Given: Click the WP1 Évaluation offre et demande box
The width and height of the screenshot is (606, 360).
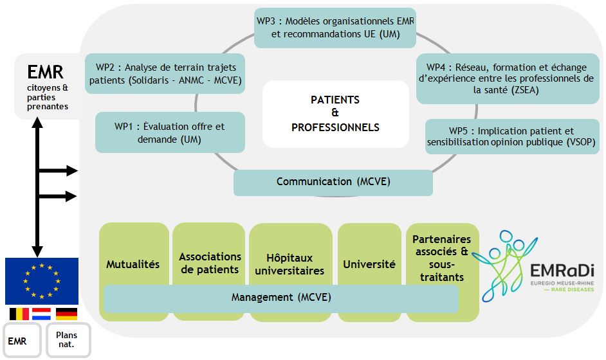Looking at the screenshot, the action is (170, 132).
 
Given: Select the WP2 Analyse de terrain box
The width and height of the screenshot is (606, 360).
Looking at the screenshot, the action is (165, 74).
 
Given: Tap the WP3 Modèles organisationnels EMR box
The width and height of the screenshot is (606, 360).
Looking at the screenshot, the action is (335, 28).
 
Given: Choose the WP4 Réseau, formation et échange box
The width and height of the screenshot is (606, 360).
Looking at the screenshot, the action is (508, 79).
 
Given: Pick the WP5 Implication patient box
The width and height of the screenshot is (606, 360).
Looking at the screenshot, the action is (512, 137).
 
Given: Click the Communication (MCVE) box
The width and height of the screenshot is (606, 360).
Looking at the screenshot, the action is (333, 183).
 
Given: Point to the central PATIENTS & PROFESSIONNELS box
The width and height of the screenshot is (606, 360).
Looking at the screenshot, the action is (335, 114).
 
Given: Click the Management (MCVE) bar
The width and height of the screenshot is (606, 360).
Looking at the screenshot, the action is (281, 298).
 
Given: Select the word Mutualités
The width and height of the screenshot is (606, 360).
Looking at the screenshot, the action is (133, 264).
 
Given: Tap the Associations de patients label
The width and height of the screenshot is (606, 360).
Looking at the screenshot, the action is (210, 263).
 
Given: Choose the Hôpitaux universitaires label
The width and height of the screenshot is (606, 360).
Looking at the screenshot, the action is (289, 264).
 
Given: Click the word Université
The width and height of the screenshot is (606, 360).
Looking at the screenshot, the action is (369, 264).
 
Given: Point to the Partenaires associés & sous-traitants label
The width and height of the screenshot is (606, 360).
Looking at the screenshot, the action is (442, 258).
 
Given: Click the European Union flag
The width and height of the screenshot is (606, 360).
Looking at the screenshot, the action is (42, 281).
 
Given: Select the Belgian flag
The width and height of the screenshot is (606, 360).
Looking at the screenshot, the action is (19, 314).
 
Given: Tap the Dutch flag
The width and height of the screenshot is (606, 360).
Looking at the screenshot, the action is (41, 314).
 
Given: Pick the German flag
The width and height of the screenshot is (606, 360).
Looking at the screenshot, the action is (66, 314).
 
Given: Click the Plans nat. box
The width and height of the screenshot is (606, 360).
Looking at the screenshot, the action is (68, 340).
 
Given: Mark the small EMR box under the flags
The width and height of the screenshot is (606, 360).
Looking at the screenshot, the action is (22, 340).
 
